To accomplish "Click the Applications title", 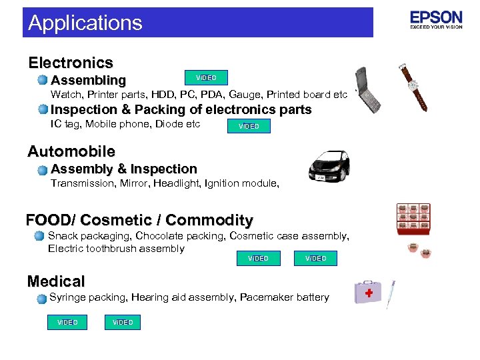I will coord(85,23).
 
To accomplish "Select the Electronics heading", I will coord(71,63).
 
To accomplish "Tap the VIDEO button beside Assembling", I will coord(206,78).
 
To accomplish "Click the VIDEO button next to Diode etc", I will coord(249,126).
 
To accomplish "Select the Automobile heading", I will coord(71,151).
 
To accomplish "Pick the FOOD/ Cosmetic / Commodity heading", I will coord(139,220).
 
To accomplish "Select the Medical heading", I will coord(56,281).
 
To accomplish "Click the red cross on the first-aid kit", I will coord(369,293).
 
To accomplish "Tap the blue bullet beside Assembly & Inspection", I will coord(42,170).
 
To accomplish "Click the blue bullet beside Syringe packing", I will coord(41,298).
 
